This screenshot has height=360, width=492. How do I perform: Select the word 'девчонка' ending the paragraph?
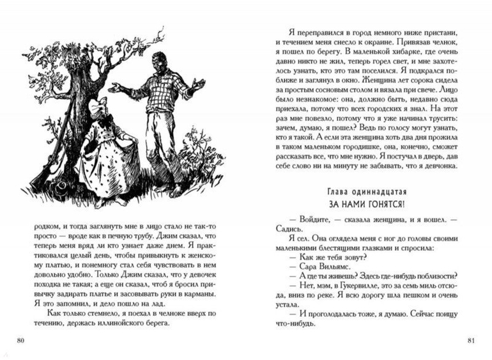[x=435, y=167]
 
